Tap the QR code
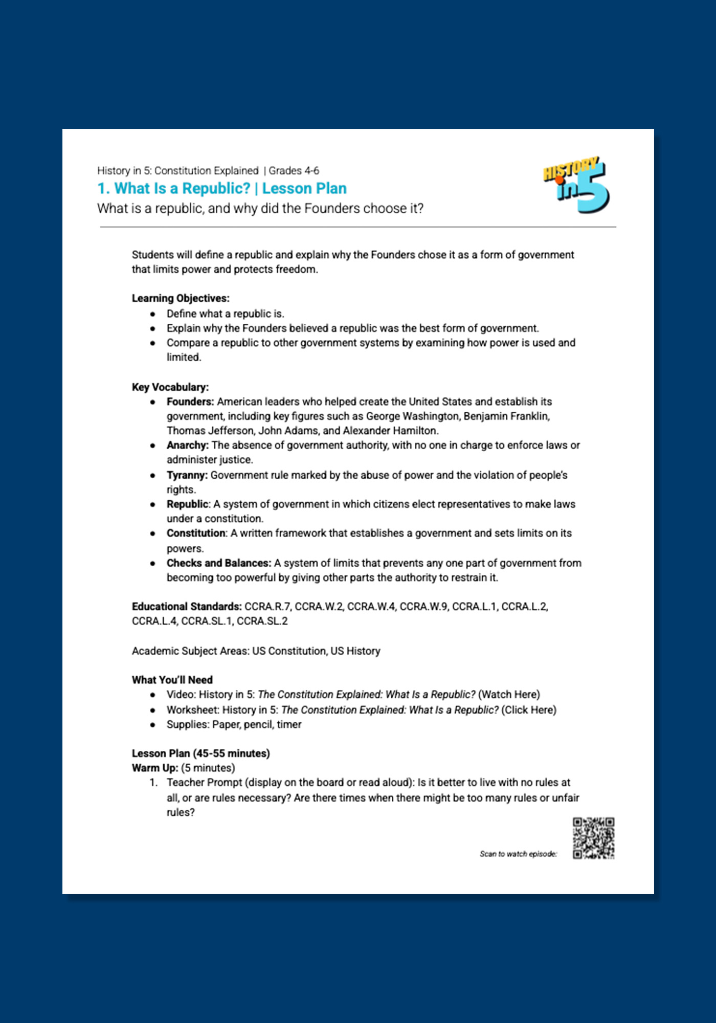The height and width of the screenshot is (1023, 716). [593, 838]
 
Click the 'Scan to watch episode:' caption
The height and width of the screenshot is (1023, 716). [518, 854]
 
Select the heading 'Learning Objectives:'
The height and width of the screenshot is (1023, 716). [181, 298]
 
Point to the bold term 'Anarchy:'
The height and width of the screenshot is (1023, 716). [187, 445]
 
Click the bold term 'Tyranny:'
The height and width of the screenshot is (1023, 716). [187, 475]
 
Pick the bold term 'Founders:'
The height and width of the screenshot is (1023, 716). [190, 402]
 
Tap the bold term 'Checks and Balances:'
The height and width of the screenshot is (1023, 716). [218, 563]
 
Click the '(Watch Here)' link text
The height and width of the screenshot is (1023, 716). [509, 695]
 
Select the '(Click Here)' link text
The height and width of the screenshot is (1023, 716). [529, 710]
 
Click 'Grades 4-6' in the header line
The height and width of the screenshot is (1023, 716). [294, 171]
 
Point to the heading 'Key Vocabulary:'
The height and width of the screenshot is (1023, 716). [170, 387]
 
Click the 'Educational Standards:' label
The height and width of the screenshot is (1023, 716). [187, 607]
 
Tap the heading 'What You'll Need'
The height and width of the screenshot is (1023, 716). [172, 680]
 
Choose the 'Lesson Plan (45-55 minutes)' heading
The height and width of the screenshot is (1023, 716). [200, 753]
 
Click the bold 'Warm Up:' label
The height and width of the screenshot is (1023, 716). [155, 768]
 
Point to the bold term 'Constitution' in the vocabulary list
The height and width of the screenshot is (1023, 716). [196, 533]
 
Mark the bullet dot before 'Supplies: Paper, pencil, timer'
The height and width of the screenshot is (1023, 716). [152, 725]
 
